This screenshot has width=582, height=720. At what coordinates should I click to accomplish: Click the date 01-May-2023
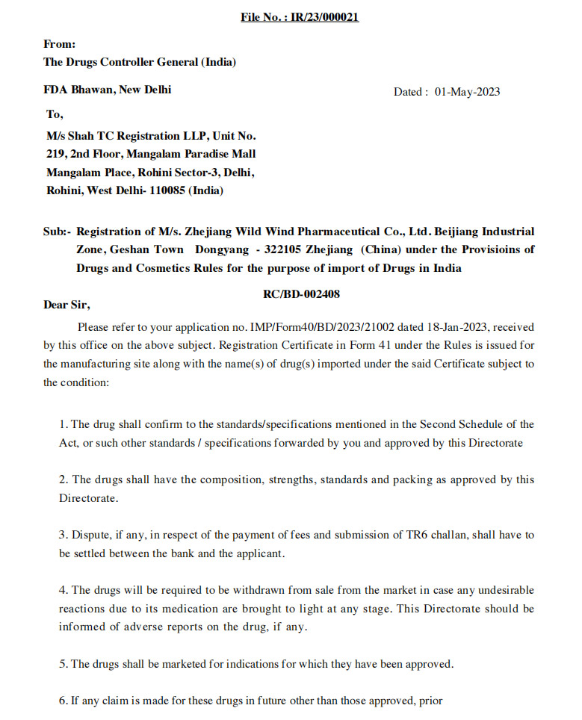click(467, 93)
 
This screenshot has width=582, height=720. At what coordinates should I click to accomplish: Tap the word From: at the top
click(60, 45)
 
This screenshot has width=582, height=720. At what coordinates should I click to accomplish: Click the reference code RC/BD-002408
click(301, 294)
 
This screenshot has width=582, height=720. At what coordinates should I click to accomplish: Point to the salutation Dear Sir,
click(66, 305)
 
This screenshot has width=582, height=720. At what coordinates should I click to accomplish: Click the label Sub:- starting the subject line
click(57, 232)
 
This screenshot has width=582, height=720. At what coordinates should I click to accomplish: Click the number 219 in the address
click(56, 155)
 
